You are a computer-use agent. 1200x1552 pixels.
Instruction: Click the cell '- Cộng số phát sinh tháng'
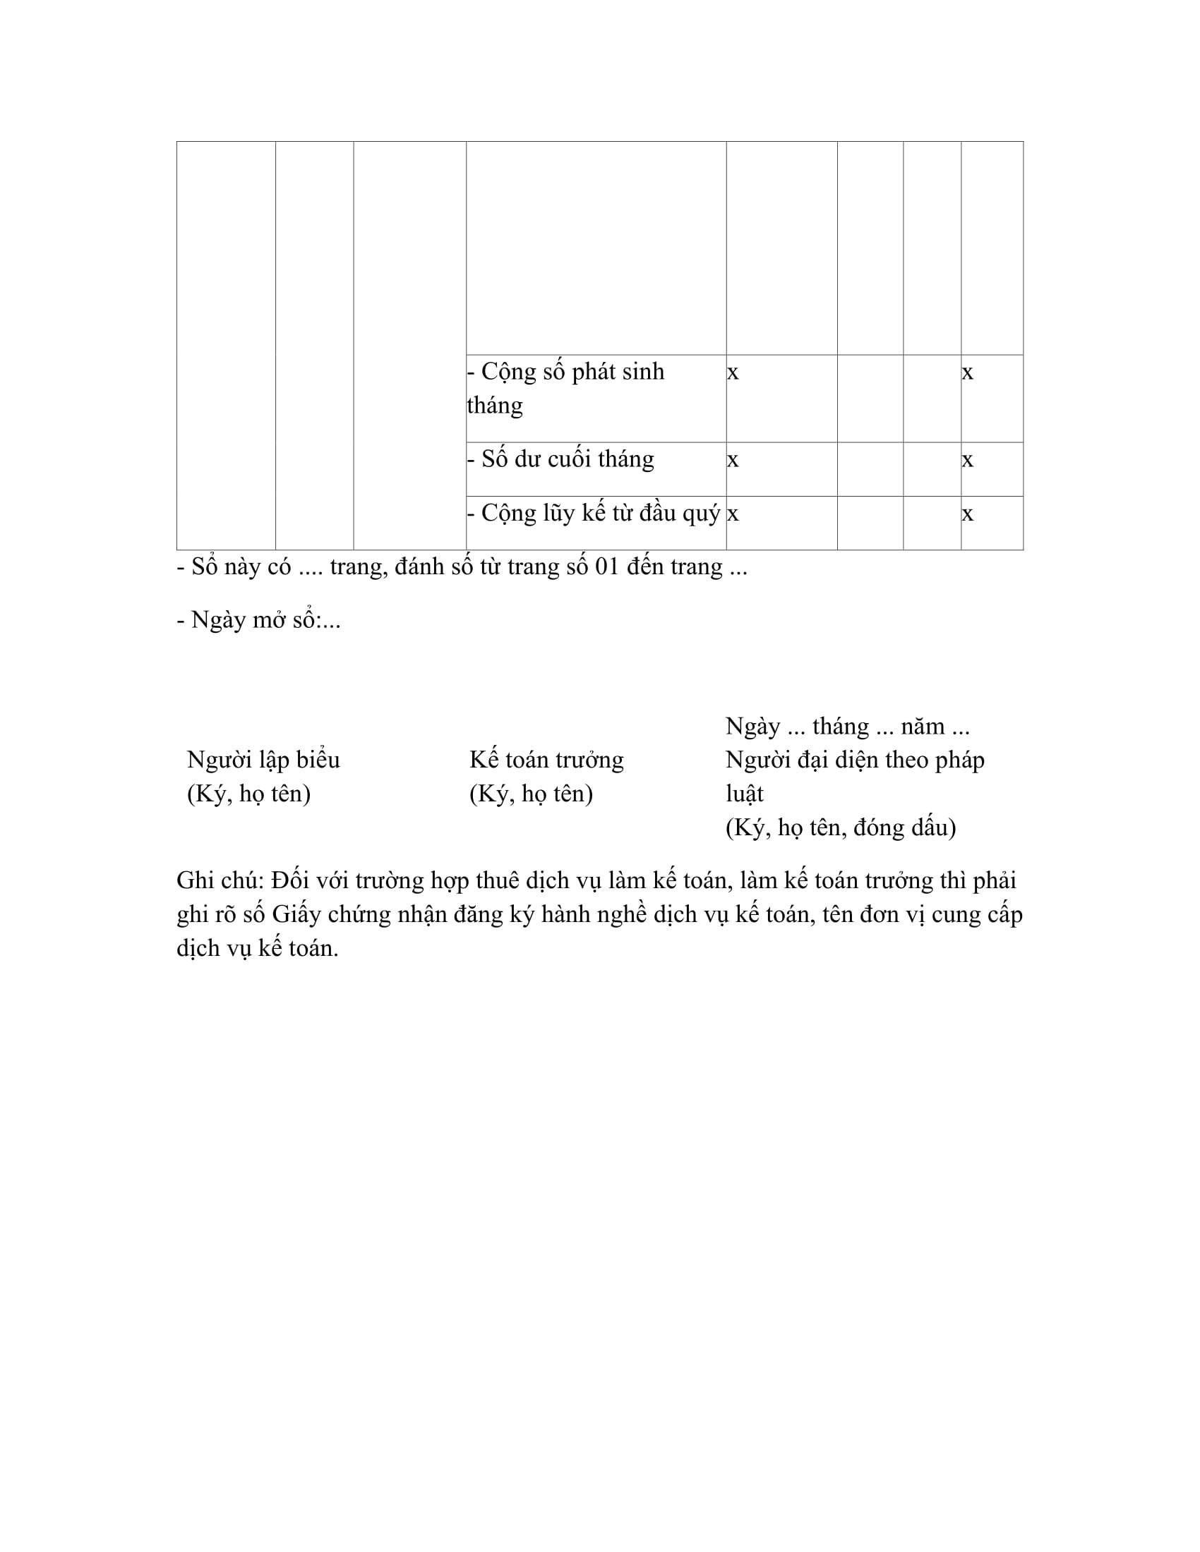coord(565,388)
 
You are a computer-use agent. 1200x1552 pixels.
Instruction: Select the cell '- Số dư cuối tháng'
coord(560,459)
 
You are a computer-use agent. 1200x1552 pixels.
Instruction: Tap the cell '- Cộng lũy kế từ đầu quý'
coord(594,513)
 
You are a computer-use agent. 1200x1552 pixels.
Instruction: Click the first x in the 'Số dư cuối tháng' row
coord(733,460)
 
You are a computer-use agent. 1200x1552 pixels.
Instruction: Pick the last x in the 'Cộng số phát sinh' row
coord(968,372)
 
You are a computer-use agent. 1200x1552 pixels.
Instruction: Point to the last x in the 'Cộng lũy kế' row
coord(968,514)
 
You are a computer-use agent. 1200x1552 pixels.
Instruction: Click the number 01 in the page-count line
coord(607,567)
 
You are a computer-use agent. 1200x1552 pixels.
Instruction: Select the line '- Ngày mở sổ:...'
coord(259,620)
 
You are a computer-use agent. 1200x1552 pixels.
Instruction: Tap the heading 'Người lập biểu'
coord(263,760)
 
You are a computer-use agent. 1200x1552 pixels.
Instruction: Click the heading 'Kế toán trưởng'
coord(546,760)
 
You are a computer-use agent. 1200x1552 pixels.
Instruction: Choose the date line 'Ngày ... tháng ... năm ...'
coord(847,726)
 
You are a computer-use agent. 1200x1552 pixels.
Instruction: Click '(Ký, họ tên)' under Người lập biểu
coord(248,793)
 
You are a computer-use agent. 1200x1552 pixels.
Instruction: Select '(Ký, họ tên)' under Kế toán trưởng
coord(531,793)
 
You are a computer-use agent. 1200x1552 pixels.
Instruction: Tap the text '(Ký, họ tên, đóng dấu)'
coord(841,827)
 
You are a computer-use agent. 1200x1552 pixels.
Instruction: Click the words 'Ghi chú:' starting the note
coord(220,880)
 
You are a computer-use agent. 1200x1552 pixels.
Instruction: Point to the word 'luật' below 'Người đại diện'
coord(744,793)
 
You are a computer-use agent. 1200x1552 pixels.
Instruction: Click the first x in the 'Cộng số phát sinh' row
coord(733,372)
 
